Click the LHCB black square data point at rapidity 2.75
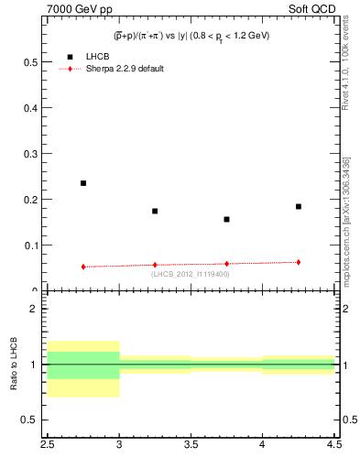point(83,183)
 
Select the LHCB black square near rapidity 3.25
point(155,211)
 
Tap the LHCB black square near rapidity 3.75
point(226,219)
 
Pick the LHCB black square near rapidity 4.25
point(298,206)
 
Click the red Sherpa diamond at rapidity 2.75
point(83,267)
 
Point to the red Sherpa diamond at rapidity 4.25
point(298,262)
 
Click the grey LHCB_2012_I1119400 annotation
point(191,274)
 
